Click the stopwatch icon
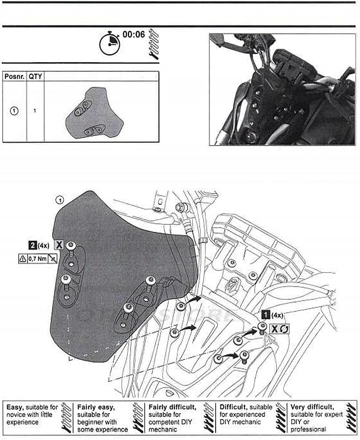point(109,44)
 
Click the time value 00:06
point(134,34)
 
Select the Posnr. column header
point(14,76)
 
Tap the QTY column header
point(35,76)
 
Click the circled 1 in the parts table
point(14,111)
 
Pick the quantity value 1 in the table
point(35,111)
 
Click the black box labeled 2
point(33,244)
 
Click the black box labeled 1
point(266,315)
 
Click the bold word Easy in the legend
point(15,407)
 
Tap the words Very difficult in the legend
point(312,407)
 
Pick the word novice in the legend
point(16,414)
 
